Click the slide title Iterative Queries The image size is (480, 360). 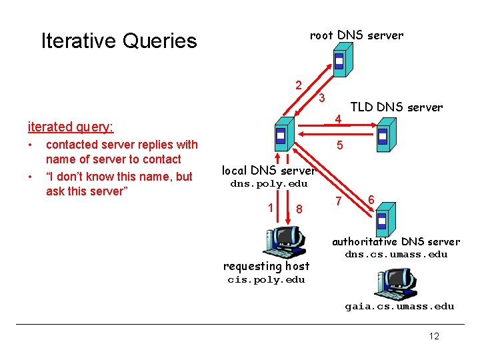pyautogui.click(x=119, y=41)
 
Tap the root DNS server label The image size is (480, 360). pyautogui.click(x=356, y=35)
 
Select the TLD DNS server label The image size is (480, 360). pyautogui.click(x=396, y=107)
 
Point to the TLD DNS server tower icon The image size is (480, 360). pyautogui.click(x=383, y=135)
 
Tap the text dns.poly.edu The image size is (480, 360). pyautogui.click(x=269, y=184)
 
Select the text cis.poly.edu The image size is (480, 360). pyautogui.click(x=266, y=280)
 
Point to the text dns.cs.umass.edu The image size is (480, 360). pyautogui.click(x=395, y=255)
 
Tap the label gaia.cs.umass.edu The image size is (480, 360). pyautogui.click(x=399, y=307)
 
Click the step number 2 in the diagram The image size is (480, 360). pyautogui.click(x=299, y=85)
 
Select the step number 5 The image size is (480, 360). pyautogui.click(x=339, y=145)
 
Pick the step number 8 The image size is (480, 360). pyautogui.click(x=299, y=209)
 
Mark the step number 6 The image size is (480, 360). pyautogui.click(x=371, y=199)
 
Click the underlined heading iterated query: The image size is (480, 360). pyautogui.click(x=70, y=127)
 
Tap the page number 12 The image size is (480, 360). pyautogui.click(x=434, y=336)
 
